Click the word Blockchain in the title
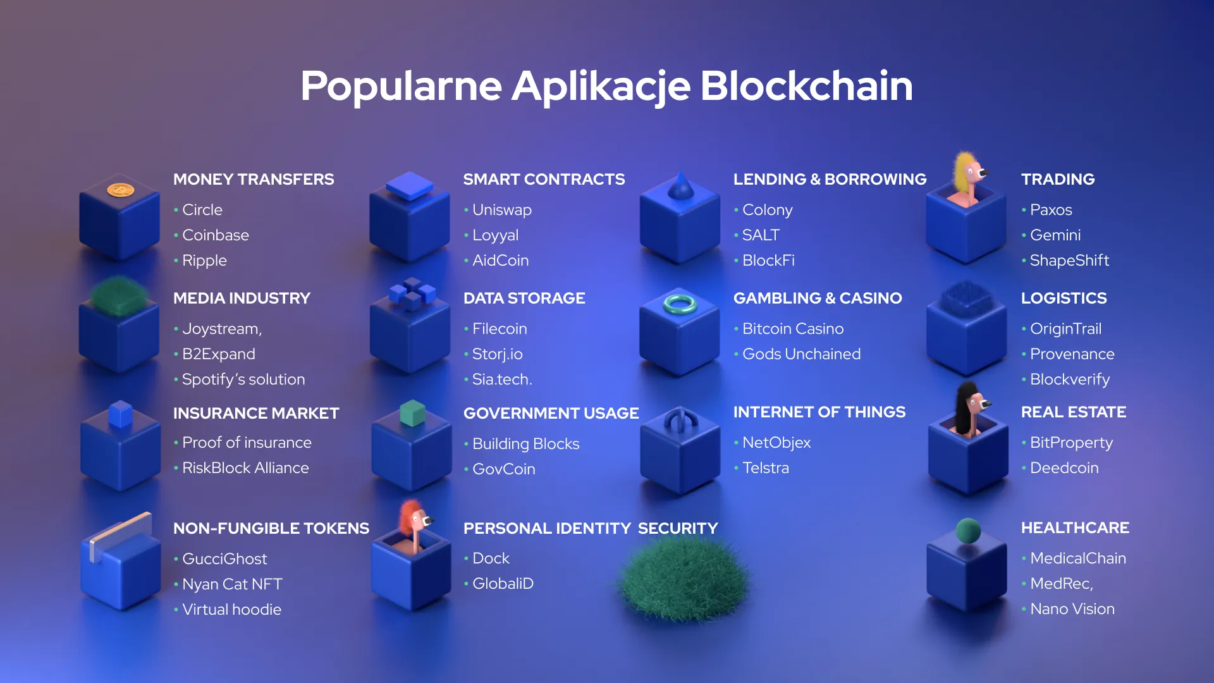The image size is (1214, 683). [x=806, y=86]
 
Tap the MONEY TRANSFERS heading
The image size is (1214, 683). [x=254, y=180]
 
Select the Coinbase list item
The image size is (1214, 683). [x=215, y=235]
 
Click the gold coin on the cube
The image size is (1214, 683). [x=120, y=190]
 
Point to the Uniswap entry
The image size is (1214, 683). [x=501, y=210]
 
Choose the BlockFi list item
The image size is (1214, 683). [x=768, y=261]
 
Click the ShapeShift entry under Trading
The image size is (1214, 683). [x=1069, y=261]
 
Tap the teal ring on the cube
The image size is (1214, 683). [x=680, y=304]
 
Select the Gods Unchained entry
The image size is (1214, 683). [x=800, y=354]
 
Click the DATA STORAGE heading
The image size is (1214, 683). [x=524, y=298]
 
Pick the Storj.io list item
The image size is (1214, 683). [x=497, y=354]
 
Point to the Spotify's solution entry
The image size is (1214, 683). [x=243, y=379]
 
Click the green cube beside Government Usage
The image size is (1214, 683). [x=413, y=413]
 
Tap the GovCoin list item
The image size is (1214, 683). [x=503, y=469]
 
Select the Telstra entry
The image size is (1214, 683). [x=765, y=468]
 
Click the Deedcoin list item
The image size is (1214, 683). [x=1064, y=468]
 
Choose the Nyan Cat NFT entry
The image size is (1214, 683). [x=231, y=584]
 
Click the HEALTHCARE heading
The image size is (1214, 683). [x=1075, y=528]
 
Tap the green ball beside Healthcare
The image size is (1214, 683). [x=968, y=531]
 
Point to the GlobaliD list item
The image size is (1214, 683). [x=503, y=584]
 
